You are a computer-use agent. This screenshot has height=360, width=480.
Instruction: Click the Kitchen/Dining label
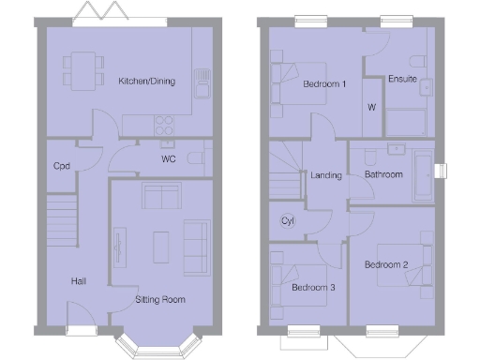(x=146, y=82)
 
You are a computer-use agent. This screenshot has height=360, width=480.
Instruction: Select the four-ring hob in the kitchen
(x=162, y=122)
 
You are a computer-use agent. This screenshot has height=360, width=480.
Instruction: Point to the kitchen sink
(x=201, y=85)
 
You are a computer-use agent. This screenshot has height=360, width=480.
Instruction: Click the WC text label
(x=169, y=159)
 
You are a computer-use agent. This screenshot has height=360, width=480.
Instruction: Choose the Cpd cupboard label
(x=62, y=166)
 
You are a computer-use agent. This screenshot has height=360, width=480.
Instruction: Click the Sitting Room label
(x=159, y=300)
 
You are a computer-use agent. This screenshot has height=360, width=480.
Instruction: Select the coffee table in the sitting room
(x=160, y=245)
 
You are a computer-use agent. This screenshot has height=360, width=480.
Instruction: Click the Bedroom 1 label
(x=325, y=85)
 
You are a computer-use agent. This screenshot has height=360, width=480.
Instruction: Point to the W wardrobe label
(x=372, y=108)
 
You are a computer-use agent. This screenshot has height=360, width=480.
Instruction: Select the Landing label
(x=326, y=175)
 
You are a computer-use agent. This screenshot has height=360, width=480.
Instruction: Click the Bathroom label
(x=384, y=175)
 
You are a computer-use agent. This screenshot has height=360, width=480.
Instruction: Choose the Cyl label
(x=287, y=221)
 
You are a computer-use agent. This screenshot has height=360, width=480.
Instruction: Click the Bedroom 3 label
(x=313, y=287)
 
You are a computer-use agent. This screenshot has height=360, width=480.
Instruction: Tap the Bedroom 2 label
(x=386, y=264)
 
